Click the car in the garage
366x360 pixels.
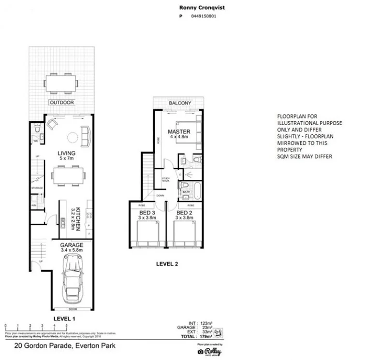pyautogui.click(x=72, y=280)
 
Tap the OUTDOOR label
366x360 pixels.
pyautogui.click(x=61, y=102)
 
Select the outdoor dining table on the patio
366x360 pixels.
pyautogui.click(x=61, y=83)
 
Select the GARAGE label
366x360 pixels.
pyautogui.click(x=72, y=245)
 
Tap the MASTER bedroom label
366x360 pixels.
pyautogui.click(x=179, y=132)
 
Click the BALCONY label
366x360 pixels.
pyautogui.click(x=180, y=103)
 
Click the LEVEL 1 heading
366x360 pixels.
pyautogui.click(x=64, y=319)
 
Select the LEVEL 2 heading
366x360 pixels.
pyautogui.click(x=167, y=264)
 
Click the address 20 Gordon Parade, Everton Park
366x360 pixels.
pyautogui.click(x=65, y=346)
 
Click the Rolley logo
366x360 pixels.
pyautogui.click(x=209, y=351)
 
